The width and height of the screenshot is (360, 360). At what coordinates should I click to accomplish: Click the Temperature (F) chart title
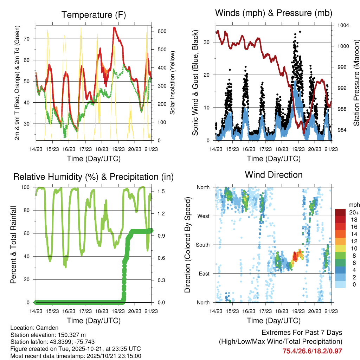pyautogui.click(x=94, y=15)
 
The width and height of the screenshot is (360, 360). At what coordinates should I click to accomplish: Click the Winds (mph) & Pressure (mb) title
pyautogui.click(x=274, y=13)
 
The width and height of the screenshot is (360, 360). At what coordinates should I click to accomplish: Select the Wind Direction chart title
pyautogui.click(x=274, y=174)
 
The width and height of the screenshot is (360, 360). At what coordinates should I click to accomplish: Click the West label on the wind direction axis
pyautogui.click(x=204, y=216)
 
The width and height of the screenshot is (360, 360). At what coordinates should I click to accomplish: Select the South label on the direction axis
pyautogui.click(x=203, y=245)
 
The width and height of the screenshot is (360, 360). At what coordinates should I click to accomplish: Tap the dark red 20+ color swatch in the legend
pyautogui.click(x=340, y=212)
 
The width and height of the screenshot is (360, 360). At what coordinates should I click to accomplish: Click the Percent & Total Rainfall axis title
pyautogui.click(x=14, y=245)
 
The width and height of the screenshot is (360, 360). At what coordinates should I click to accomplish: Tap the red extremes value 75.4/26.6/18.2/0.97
pyautogui.click(x=312, y=351)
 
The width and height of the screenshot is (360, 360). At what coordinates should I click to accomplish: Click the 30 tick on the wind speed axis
pyautogui.click(x=207, y=42)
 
